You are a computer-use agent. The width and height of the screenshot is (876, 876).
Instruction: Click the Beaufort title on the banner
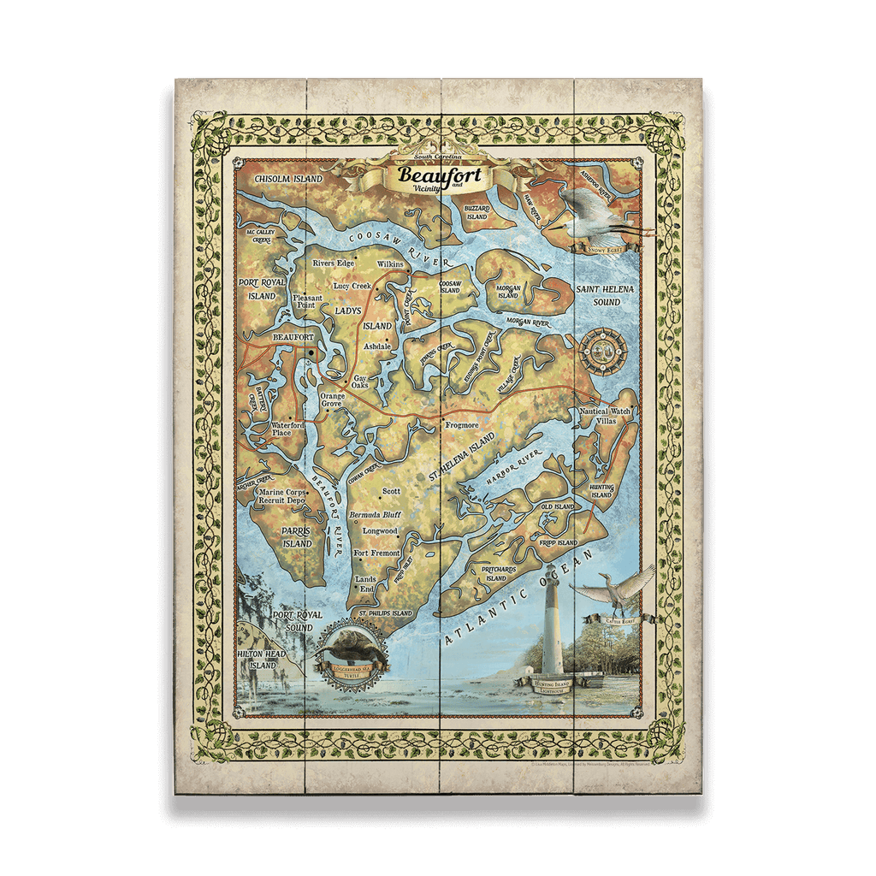pos(440,176)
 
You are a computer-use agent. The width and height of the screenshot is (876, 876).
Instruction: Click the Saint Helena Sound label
pos(604,295)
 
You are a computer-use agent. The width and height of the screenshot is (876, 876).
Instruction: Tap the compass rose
pos(603,352)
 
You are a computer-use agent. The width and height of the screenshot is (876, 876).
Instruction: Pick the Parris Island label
pos(297,536)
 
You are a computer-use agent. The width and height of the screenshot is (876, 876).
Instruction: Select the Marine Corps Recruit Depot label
pos(283,496)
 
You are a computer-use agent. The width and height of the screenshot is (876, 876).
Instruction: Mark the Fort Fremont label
pos(376,553)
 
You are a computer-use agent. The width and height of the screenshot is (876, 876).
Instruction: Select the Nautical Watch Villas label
pos(604,417)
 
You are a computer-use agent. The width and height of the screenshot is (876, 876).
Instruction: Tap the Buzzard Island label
pos(476,212)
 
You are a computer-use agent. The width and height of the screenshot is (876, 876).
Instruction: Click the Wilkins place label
pos(389,264)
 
